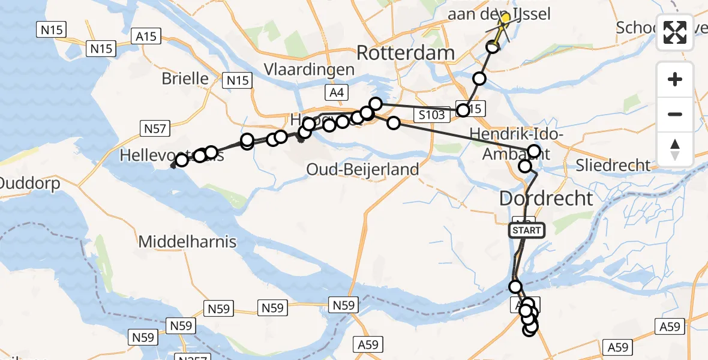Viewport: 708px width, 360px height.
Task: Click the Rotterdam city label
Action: coord(406,53)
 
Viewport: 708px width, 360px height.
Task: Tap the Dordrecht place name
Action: coord(546,198)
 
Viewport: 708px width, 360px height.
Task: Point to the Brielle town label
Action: coord(185,79)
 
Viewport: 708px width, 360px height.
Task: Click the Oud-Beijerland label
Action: coord(362,169)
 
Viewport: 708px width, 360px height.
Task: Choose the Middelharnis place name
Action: coord(187,242)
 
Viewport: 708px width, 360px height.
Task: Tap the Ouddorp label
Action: coord(30,183)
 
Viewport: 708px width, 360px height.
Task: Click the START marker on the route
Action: coord(527,230)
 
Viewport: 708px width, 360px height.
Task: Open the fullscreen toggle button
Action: coord(675,32)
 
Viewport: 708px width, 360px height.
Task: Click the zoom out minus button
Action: coord(675,114)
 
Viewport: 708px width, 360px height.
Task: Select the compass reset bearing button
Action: coord(675,148)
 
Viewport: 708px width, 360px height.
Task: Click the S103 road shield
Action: coord(432,114)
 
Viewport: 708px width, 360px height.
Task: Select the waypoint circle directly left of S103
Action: coord(394,123)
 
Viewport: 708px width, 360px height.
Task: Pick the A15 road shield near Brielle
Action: coord(146,37)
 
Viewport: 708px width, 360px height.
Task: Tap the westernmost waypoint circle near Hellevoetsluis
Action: coord(181,160)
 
